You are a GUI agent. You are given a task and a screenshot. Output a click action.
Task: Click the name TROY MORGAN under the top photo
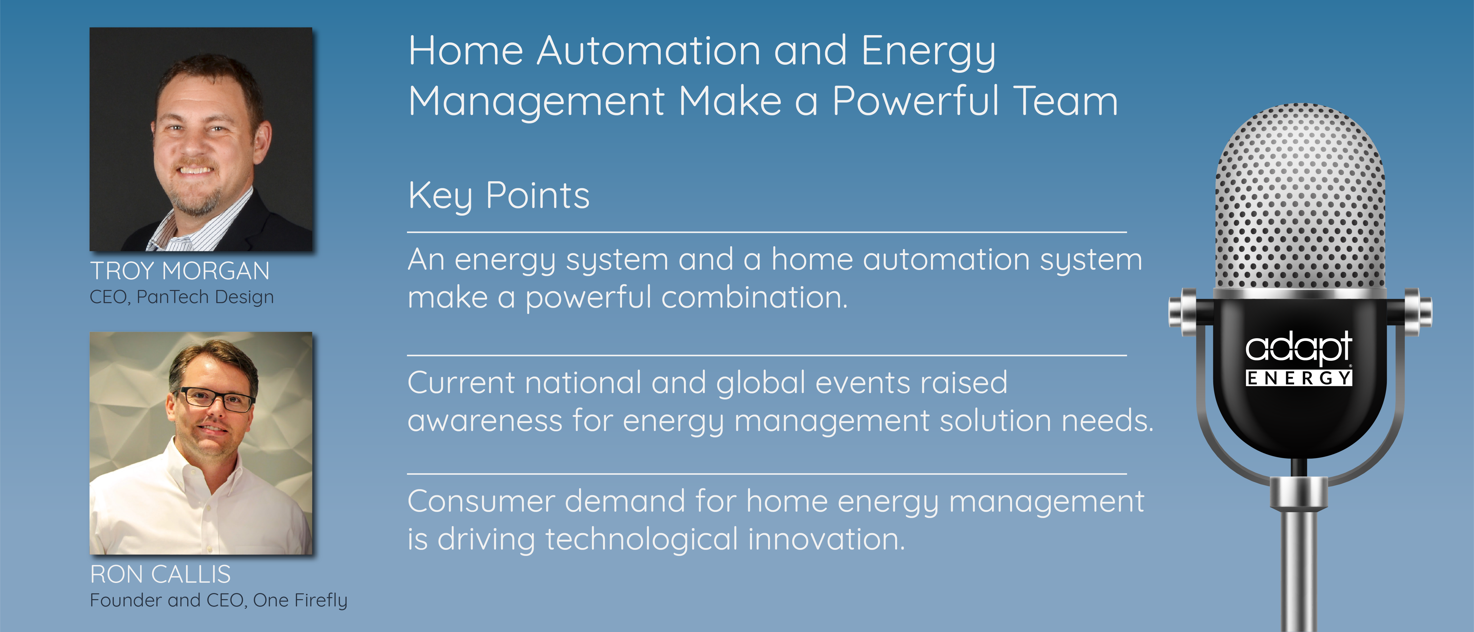click(180, 271)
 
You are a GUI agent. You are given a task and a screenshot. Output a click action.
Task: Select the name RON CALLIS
click(161, 574)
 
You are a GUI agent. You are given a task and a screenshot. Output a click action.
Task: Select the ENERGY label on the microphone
click(1299, 378)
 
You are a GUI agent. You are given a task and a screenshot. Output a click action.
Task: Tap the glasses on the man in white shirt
click(215, 398)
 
